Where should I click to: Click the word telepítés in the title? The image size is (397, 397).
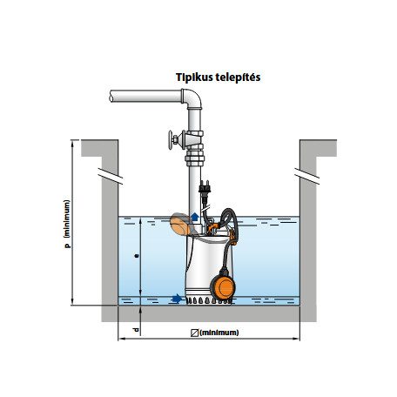click(x=238, y=77)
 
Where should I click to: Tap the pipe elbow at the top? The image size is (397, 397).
click(x=192, y=98)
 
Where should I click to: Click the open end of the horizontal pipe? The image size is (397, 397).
click(x=111, y=96)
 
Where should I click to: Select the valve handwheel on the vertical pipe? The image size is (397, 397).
click(x=171, y=140)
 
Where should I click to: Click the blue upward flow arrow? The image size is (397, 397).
click(x=195, y=218)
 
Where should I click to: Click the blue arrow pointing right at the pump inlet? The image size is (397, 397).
click(x=177, y=299)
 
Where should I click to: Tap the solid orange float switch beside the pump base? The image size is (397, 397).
click(x=223, y=286)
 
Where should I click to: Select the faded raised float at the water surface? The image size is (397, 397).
click(x=180, y=225)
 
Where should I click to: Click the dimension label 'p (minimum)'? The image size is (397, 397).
click(x=67, y=224)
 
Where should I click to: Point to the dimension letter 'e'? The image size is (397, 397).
click(x=136, y=256)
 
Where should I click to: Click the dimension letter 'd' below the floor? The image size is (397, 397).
click(x=136, y=330)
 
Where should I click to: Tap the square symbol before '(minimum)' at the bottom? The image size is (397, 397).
click(x=194, y=333)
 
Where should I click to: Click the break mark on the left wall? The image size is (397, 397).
click(x=111, y=176)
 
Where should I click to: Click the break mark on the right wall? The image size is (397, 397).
click(x=307, y=176)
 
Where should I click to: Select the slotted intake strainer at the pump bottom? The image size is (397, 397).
click(x=209, y=300)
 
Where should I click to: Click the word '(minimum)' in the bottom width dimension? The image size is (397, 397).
click(x=219, y=333)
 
